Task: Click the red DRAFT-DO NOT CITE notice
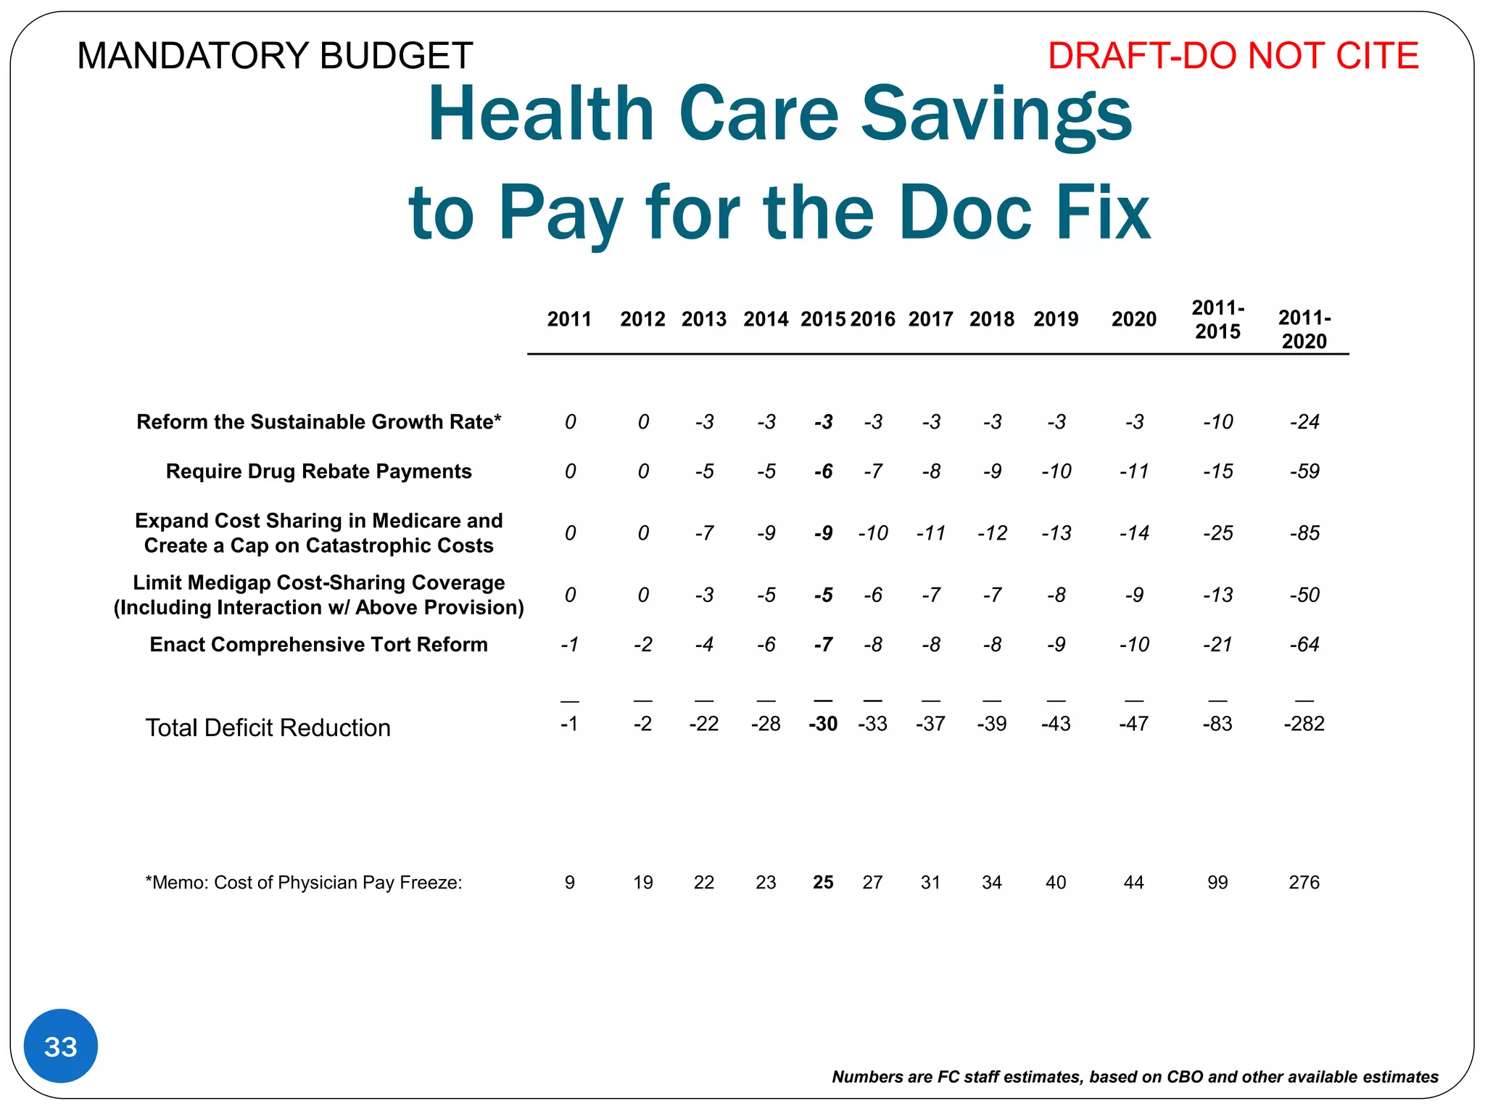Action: coord(1233,56)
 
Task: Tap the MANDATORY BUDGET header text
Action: coord(275,56)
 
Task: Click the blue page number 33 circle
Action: coord(61,1046)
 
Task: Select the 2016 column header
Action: coord(872,319)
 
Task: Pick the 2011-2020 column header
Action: coord(1304,329)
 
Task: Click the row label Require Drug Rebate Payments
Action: coord(318,471)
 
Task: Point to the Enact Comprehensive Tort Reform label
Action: coord(318,644)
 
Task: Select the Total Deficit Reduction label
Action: coord(268,727)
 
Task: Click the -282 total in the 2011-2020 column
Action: coord(1304,724)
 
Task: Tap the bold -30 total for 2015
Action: coord(823,724)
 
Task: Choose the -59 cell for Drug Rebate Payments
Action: coord(1304,471)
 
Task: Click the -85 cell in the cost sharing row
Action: coord(1304,533)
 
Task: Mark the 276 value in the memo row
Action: coord(1304,882)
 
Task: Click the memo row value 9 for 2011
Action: coord(570,882)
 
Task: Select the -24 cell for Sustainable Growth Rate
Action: coord(1304,421)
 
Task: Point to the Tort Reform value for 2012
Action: coord(642,644)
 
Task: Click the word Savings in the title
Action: coord(996,115)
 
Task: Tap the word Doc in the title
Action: coord(964,213)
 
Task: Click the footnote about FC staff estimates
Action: coord(1135,1076)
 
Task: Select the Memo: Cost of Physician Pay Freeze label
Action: coord(304,882)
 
